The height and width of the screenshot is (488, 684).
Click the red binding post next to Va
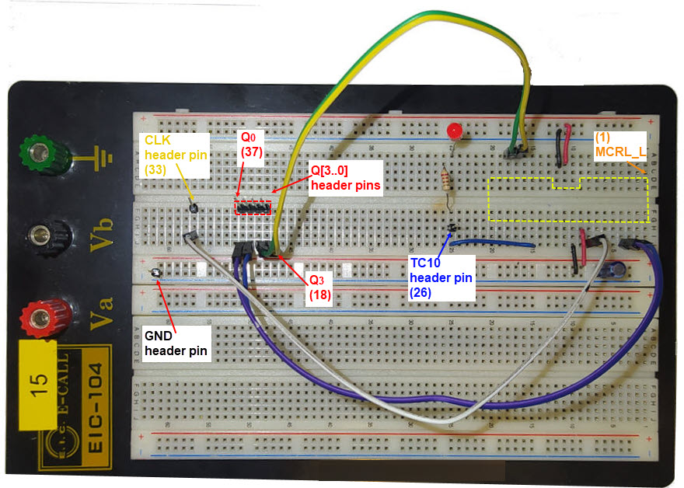[x=37, y=317]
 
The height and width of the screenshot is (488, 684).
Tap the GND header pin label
[x=176, y=343]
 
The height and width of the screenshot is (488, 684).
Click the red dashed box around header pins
[x=253, y=208]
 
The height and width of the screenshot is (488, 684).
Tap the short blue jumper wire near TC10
[x=494, y=244]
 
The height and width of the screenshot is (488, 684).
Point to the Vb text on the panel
[x=100, y=235]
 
